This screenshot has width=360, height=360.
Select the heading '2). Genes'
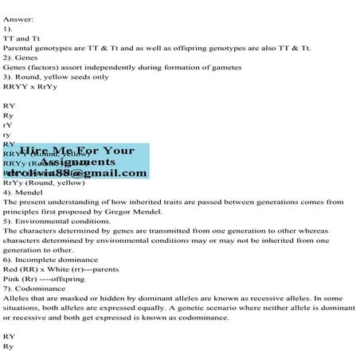pyautogui.click(x=22, y=58)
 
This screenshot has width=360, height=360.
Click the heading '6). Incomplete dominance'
pyautogui.click(x=51, y=259)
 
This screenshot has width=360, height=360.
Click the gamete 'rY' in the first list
pyautogui.click(x=7, y=125)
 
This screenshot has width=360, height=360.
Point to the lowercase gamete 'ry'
pyautogui.click(x=7, y=135)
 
